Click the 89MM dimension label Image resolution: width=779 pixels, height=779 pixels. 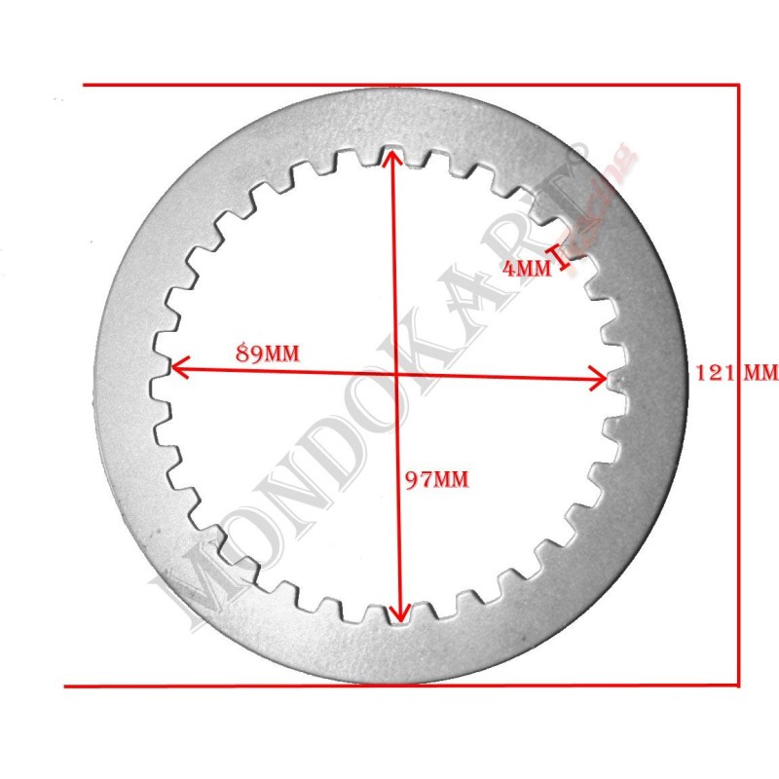267,353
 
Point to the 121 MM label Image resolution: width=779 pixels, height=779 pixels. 736,371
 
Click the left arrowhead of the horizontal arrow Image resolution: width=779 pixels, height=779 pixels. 176,367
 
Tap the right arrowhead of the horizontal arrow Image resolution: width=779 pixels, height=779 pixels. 601,380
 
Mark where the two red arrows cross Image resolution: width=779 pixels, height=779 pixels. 395,373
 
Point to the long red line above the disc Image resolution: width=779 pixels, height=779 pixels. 409,85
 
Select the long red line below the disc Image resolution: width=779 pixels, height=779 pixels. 399,686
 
